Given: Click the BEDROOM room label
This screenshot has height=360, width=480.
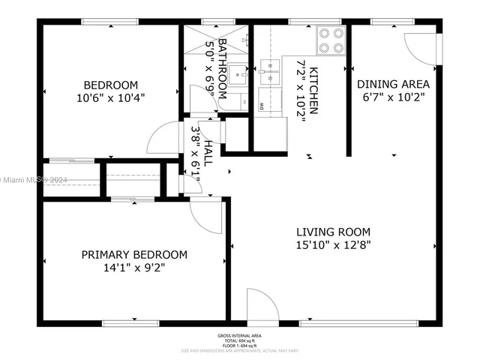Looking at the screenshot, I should coord(110,84).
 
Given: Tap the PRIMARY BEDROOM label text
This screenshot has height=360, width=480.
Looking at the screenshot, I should coord(134,255).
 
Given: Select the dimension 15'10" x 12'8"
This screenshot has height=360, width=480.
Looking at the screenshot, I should coord(333,244).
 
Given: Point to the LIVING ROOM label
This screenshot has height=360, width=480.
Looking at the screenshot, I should coord(333,232).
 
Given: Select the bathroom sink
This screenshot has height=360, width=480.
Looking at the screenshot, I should coord(241,75).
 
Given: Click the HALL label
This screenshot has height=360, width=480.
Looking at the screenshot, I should coord(208,156).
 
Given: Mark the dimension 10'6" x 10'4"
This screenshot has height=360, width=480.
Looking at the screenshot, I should coord(110,97).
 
